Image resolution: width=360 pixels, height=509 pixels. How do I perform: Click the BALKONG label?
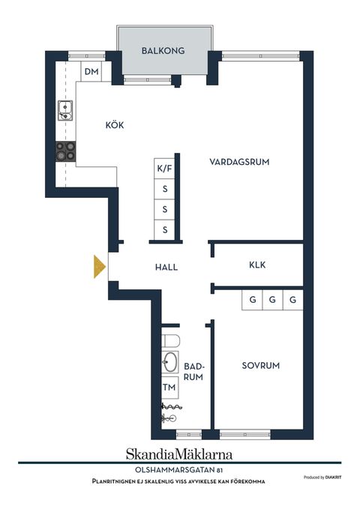click(x=163, y=51)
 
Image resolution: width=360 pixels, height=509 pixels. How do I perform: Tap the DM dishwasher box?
click(x=91, y=71)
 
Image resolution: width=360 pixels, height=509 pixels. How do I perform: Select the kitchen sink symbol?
click(x=65, y=111)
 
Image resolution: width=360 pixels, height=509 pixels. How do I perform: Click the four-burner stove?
click(x=66, y=151)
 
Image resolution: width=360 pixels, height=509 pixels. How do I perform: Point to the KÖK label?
click(x=115, y=125)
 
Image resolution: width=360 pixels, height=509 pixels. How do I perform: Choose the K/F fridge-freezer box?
click(x=164, y=168)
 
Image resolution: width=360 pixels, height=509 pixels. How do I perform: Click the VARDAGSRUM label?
click(x=239, y=162)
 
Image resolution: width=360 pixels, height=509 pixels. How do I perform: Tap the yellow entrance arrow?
click(x=100, y=267)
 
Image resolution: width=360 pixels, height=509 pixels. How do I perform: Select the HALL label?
click(x=166, y=267)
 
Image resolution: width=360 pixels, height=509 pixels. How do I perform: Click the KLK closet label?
click(x=257, y=265)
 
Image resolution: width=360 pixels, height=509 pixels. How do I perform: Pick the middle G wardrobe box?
click(x=272, y=300)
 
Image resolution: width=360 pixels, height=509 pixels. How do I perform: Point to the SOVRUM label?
click(x=260, y=366)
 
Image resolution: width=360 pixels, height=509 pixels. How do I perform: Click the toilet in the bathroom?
click(x=170, y=341)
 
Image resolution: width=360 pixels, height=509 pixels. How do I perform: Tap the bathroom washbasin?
click(x=170, y=362)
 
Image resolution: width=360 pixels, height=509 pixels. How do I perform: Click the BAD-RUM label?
click(x=193, y=372)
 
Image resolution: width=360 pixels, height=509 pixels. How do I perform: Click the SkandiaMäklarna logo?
click(x=179, y=454)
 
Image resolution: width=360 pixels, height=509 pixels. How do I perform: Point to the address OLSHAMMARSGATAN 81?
click(x=178, y=470)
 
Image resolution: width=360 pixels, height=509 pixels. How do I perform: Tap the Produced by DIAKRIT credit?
click(x=322, y=478)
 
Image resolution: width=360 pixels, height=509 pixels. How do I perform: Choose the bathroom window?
click(x=189, y=434)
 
